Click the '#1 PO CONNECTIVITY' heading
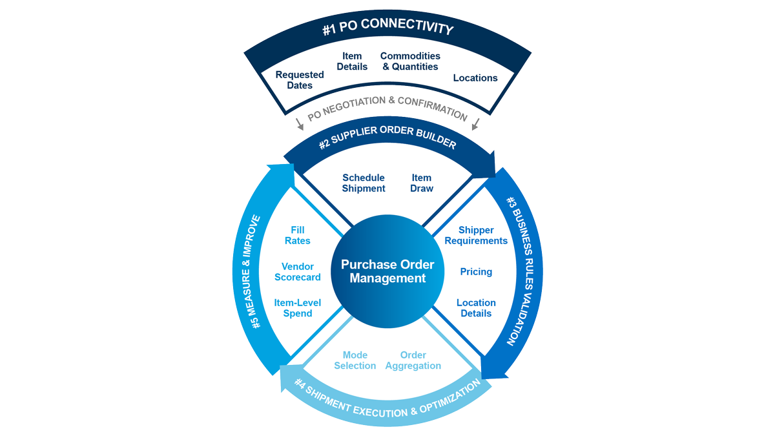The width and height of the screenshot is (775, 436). pyautogui.click(x=387, y=30)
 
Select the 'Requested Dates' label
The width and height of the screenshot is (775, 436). pyautogui.click(x=300, y=80)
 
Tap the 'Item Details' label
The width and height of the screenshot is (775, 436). pyautogui.click(x=352, y=61)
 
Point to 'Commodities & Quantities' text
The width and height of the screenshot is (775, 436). pyautogui.click(x=410, y=61)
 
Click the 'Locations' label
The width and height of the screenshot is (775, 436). pyautogui.click(x=475, y=78)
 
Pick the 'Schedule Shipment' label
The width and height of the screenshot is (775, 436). pyautogui.click(x=364, y=183)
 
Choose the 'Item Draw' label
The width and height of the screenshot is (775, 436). pyautogui.click(x=422, y=183)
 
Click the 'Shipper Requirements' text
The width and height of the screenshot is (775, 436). pyautogui.click(x=476, y=235)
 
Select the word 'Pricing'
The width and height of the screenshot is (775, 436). pyautogui.click(x=476, y=272)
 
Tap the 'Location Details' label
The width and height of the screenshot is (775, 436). pyautogui.click(x=476, y=308)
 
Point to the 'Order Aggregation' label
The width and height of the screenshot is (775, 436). pyautogui.click(x=413, y=360)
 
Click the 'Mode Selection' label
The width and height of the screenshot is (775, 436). pyautogui.click(x=355, y=360)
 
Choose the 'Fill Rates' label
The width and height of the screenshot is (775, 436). pyautogui.click(x=298, y=235)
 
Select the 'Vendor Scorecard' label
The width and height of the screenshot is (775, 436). pyautogui.click(x=298, y=272)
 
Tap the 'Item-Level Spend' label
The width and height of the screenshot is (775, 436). pyautogui.click(x=298, y=308)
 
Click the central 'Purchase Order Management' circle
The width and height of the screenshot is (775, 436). pyautogui.click(x=387, y=271)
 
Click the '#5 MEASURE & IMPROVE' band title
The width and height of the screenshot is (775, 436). pyautogui.click(x=256, y=271)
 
